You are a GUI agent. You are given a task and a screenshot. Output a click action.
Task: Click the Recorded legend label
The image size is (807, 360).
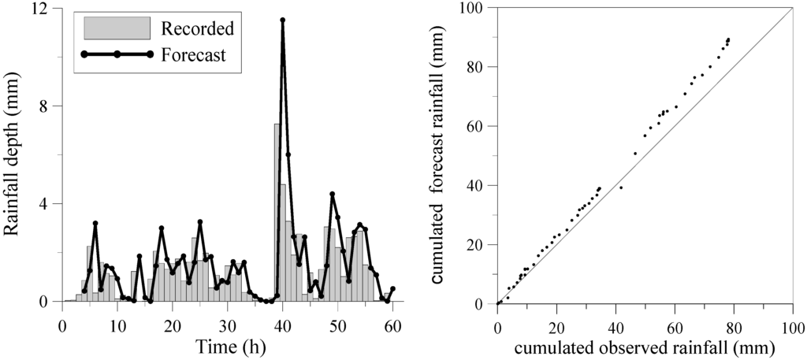[x=198, y=30]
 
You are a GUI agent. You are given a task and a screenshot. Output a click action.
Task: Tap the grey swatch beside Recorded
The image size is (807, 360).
[x=117, y=28]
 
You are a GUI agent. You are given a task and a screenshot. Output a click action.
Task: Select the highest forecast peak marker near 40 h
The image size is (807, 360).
[x=282, y=20]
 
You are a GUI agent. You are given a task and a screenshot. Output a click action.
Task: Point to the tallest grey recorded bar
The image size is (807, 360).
[x=277, y=213]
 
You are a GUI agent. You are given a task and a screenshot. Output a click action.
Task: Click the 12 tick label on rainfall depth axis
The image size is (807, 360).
[x=38, y=9]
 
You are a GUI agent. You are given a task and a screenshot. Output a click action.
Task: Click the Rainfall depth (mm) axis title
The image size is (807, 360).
[x=13, y=155]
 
